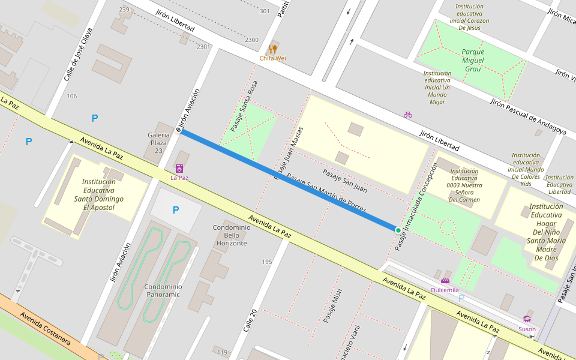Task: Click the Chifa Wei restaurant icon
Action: click(x=273, y=49)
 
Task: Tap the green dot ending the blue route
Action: click(x=398, y=230)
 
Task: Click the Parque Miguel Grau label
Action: click(x=473, y=60)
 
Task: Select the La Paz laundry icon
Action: click(x=179, y=169)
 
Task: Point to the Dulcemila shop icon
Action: click(x=445, y=281)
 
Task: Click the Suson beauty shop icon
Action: click(x=527, y=319)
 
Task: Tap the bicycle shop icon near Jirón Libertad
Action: click(x=408, y=114)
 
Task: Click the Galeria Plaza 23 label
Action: click(x=158, y=143)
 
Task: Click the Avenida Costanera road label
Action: click(x=46, y=329)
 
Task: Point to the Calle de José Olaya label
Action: click(x=78, y=55)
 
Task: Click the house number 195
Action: click(x=267, y=262)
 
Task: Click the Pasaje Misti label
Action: click(x=332, y=306)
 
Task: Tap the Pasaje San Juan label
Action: click(x=344, y=181)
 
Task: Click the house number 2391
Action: click(x=126, y=10)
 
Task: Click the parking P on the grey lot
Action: click(x=175, y=210)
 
